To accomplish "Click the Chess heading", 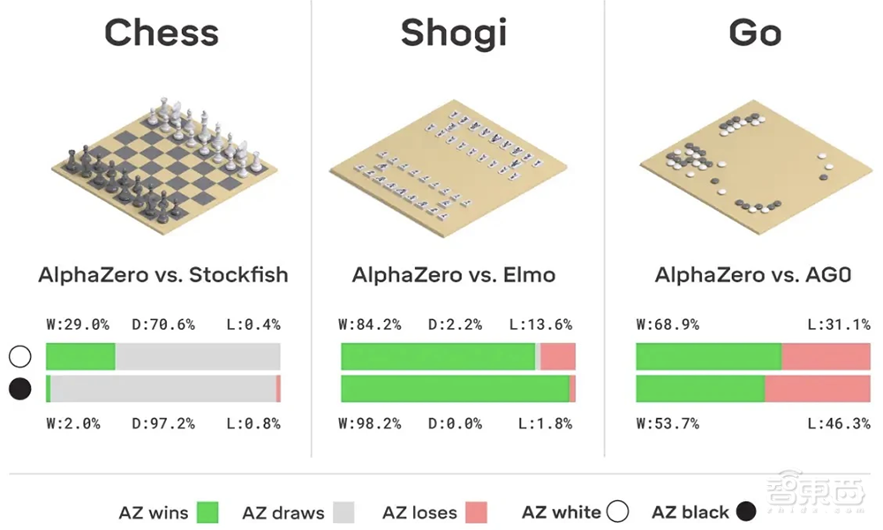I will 162,33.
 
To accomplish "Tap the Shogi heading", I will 454,33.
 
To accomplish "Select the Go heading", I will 755,33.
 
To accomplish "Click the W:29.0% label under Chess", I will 78,325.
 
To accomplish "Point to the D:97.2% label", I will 164,423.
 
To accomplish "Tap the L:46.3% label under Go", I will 840,423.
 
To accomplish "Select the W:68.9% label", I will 668,325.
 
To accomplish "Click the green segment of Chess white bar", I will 80,356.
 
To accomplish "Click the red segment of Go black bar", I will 818,389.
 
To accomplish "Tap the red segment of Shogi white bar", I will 558,356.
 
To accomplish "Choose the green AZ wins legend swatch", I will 208,511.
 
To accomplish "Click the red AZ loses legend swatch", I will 476,511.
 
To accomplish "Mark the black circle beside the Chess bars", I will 19,389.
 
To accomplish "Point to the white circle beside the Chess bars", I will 19,356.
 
